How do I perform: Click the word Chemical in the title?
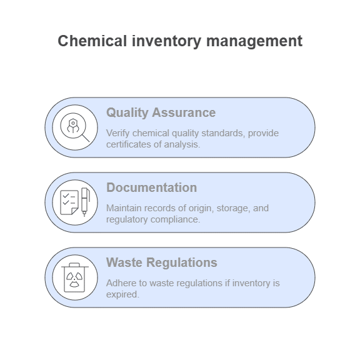[92, 41]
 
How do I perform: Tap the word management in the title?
[254, 41]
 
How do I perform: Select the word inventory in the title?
[166, 41]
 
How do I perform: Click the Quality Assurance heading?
[161, 112]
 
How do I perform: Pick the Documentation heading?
[151, 187]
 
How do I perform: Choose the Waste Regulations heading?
[162, 262]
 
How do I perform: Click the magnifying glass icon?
[74, 127]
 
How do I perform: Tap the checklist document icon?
[69, 202]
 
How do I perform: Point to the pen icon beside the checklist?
[85, 202]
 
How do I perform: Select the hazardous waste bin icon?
[75, 277]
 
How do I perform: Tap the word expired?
[122, 295]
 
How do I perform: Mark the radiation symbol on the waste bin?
[74, 279]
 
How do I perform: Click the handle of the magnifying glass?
[86, 138]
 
